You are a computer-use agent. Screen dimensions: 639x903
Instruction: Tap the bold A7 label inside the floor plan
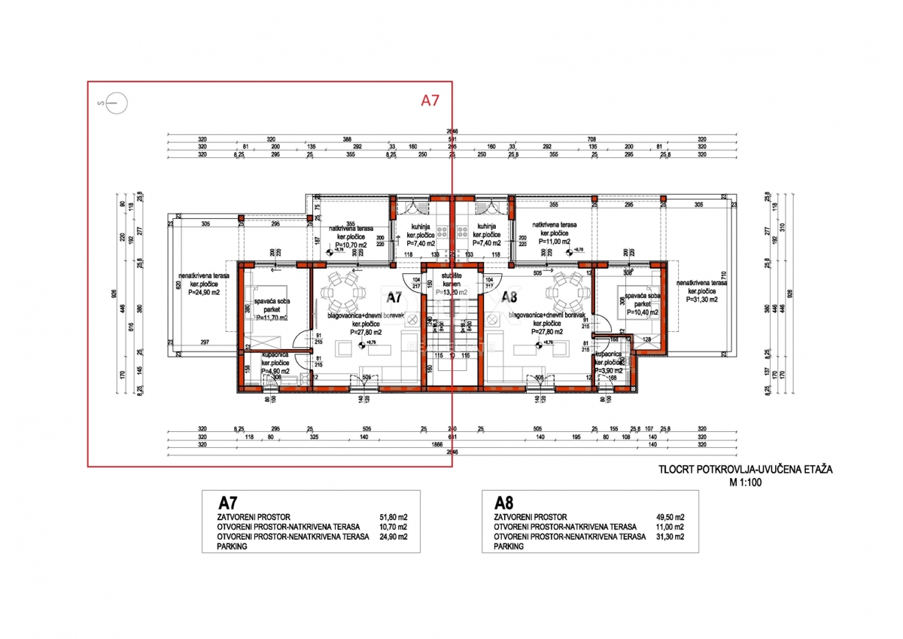click(x=393, y=297)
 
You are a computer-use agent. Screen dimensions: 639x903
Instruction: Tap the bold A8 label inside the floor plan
click(x=510, y=297)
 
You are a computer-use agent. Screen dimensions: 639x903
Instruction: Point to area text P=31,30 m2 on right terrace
click(x=701, y=298)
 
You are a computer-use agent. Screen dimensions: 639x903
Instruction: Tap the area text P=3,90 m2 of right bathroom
click(x=611, y=371)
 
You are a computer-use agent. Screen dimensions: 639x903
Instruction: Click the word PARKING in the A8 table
click(x=509, y=547)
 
